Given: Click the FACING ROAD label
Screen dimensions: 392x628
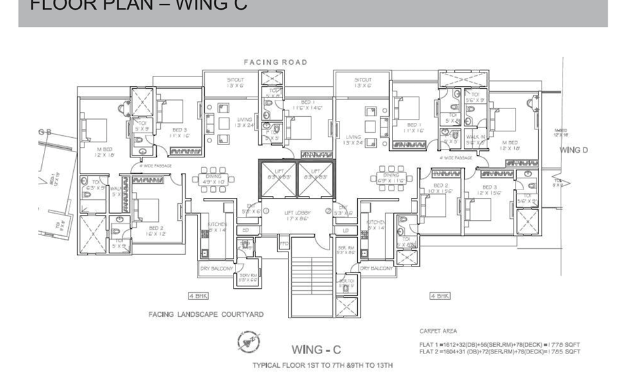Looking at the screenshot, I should click(275, 63).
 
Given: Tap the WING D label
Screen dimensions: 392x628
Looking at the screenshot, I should click(574, 150).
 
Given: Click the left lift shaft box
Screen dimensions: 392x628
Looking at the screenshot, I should click(279, 179).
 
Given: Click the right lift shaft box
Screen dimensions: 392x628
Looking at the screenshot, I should click(315, 179).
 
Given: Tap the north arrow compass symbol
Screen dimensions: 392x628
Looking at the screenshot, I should click(249, 342).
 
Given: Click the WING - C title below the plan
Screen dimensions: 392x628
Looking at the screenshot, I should click(317, 351).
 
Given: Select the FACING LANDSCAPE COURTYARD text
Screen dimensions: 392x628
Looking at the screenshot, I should click(206, 314).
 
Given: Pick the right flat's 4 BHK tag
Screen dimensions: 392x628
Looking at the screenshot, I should click(440, 296).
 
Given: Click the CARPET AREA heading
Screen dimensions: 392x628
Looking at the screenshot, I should click(438, 331).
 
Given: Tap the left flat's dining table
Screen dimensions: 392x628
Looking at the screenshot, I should click(213, 180).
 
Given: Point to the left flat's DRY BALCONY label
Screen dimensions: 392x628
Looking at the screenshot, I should click(217, 269).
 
